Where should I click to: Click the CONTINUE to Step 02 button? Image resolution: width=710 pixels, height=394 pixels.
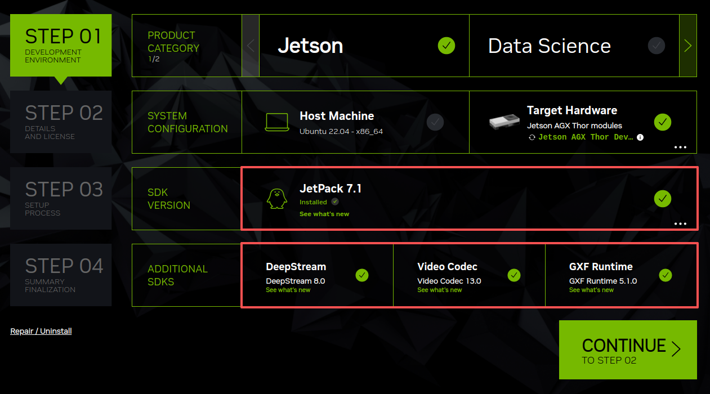pyautogui.click(x=628, y=350)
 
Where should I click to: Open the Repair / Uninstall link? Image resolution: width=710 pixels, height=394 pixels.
pyautogui.click(x=41, y=331)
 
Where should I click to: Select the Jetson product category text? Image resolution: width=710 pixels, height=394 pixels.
pyautogui.click(x=310, y=46)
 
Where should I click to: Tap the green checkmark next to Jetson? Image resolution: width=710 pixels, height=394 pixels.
pyautogui.click(x=446, y=46)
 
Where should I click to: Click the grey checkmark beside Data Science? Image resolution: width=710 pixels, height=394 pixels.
pyautogui.click(x=656, y=46)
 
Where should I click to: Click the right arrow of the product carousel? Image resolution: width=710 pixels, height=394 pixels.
pyautogui.click(x=688, y=46)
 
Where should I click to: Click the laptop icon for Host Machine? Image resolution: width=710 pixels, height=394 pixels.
pyautogui.click(x=276, y=122)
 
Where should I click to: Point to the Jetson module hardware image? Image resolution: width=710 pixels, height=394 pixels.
pyautogui.click(x=504, y=122)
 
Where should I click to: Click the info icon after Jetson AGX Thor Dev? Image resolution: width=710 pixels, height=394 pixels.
pyautogui.click(x=640, y=137)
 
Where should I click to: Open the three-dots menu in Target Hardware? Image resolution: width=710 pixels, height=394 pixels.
pyautogui.click(x=680, y=147)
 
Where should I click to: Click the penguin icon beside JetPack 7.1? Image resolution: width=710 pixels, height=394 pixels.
pyautogui.click(x=276, y=199)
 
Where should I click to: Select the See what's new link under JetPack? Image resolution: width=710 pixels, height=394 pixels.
pyautogui.click(x=324, y=214)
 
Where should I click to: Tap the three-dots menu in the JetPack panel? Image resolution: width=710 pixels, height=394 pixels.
pyautogui.click(x=680, y=224)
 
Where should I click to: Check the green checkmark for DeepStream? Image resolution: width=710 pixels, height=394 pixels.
pyautogui.click(x=362, y=275)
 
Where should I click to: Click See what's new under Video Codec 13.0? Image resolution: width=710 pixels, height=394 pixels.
pyautogui.click(x=440, y=290)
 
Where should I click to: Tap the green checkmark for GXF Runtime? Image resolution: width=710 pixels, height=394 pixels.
pyautogui.click(x=666, y=275)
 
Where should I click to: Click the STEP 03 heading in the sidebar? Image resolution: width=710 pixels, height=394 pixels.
pyautogui.click(x=64, y=190)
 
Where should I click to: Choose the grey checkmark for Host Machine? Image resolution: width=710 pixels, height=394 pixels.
pyautogui.click(x=435, y=122)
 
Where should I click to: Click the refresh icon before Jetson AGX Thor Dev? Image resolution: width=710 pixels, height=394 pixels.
pyautogui.click(x=532, y=137)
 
